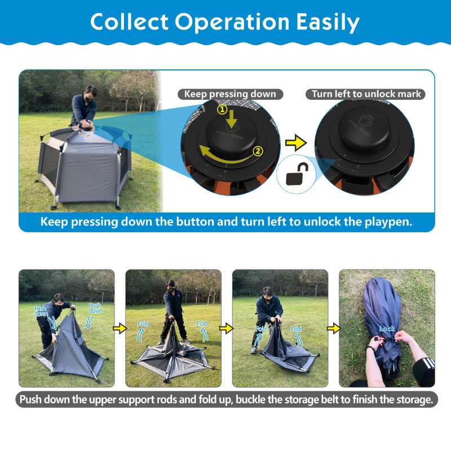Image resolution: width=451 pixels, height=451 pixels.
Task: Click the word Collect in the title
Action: tap(129, 22)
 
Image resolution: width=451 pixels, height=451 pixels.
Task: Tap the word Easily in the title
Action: tap(328, 23)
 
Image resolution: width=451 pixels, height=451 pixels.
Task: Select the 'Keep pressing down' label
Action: tap(230, 94)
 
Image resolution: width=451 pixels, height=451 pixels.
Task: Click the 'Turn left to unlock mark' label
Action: tap(365, 94)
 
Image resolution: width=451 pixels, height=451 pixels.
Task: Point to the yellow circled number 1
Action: tap(222, 109)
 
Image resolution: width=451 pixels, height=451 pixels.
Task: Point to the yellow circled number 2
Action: tap(258, 151)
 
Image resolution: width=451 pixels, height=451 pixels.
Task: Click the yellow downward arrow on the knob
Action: tap(232, 120)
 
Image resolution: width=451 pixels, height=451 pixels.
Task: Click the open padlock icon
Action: tap(297, 174)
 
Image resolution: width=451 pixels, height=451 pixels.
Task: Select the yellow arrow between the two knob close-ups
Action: tap(296, 143)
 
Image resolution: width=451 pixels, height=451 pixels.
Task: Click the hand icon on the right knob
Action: tap(366, 120)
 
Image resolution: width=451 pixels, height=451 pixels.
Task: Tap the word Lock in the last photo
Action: tap(387, 329)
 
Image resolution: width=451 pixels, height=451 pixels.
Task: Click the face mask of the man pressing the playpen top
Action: tap(89, 100)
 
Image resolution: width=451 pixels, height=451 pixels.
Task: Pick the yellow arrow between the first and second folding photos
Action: tap(120, 328)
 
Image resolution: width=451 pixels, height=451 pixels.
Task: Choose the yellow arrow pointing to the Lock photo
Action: tap(334, 328)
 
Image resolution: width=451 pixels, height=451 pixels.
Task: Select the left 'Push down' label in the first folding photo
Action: tap(41, 311)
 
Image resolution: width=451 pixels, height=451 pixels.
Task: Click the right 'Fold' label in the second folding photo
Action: tap(201, 324)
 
